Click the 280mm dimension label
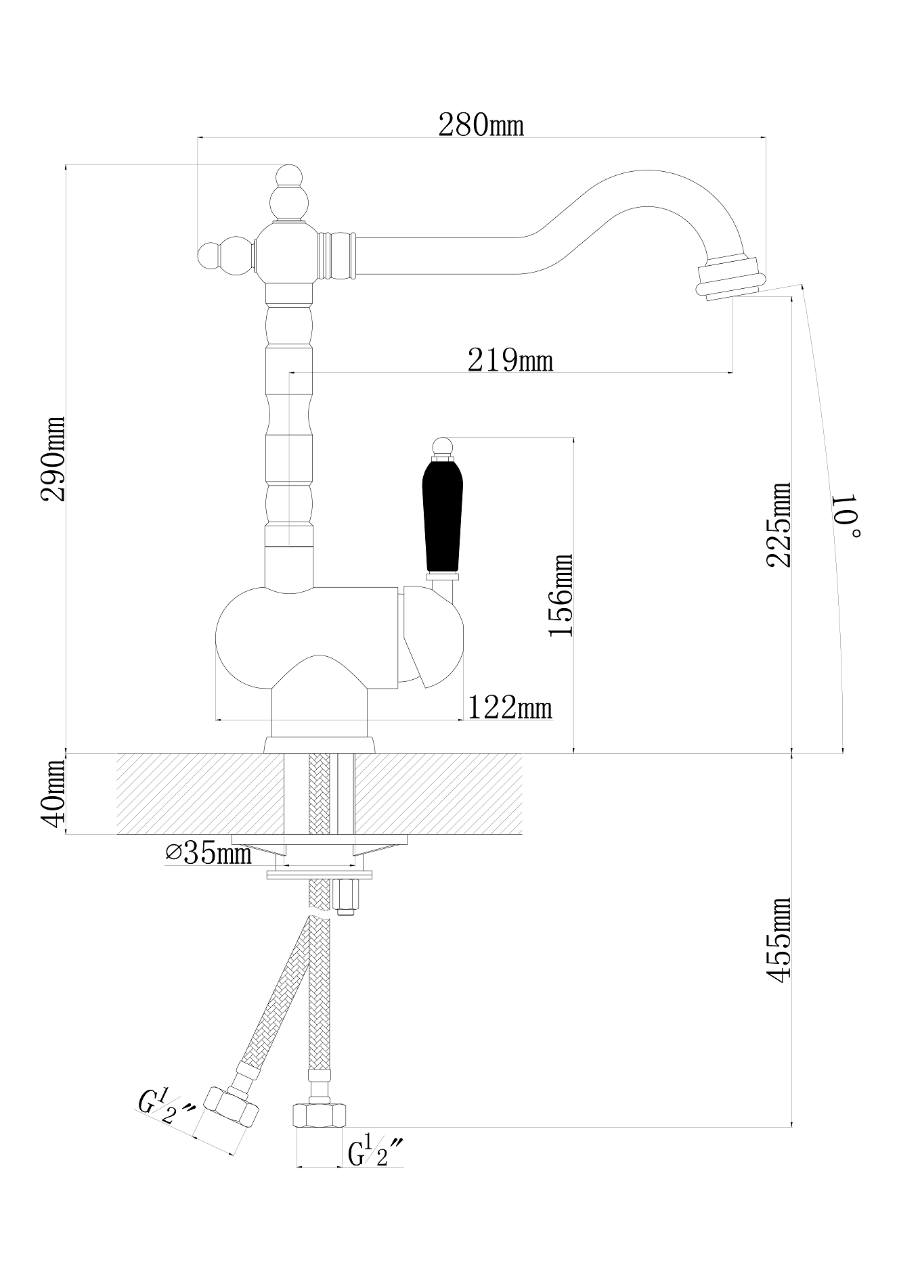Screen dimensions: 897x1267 481,125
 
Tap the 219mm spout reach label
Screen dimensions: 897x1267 510,361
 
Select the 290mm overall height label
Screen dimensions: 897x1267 53,459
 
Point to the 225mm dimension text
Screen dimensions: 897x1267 779,525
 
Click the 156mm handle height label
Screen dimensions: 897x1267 561,595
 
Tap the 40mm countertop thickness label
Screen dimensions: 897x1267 53,789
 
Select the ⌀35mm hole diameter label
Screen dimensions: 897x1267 208,854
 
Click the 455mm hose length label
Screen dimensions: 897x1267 779,940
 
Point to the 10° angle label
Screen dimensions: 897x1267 847,515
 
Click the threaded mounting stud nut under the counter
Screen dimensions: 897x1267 345,897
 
